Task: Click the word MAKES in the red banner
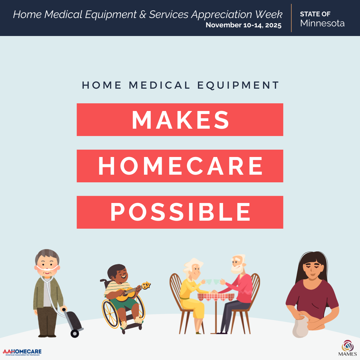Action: (x=180, y=120)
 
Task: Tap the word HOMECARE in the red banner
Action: (x=180, y=166)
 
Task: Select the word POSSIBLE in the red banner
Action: (x=180, y=212)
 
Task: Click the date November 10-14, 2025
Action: (x=244, y=25)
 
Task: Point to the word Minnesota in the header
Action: (x=322, y=23)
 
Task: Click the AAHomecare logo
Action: (x=22, y=352)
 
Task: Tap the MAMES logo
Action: (x=347, y=348)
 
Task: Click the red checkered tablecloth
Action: (x=216, y=297)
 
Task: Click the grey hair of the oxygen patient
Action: (x=47, y=255)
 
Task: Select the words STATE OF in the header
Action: (x=315, y=14)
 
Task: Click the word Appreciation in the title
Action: (x=222, y=15)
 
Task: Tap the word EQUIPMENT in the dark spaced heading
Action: (x=238, y=85)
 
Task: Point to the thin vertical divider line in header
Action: (x=291, y=18)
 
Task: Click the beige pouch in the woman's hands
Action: (x=301, y=325)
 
